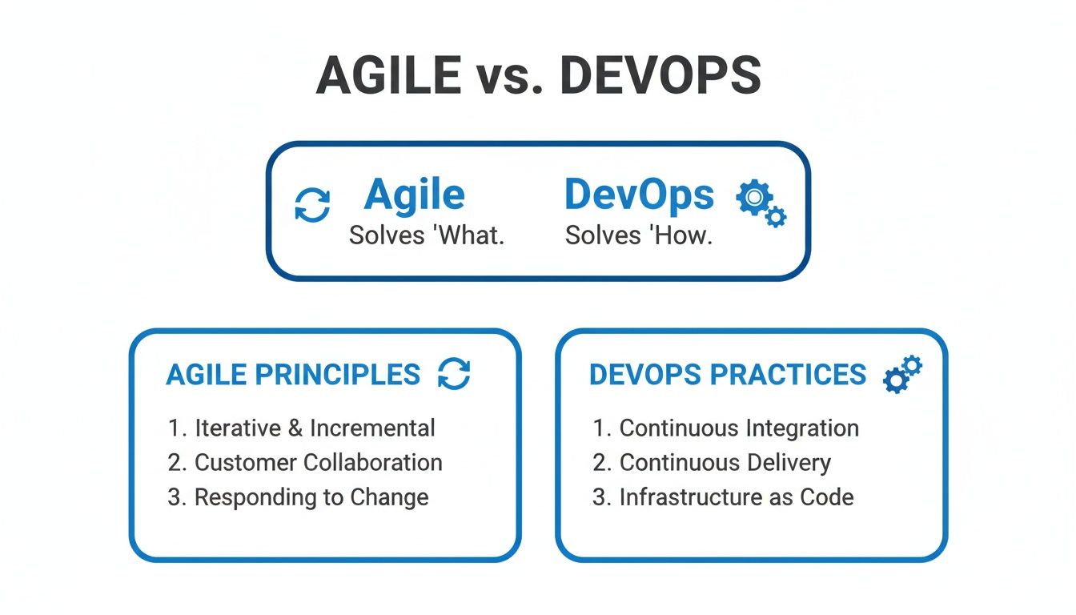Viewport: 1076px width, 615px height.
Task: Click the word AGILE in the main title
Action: (388, 75)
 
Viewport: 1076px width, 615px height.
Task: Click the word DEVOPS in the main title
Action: (661, 75)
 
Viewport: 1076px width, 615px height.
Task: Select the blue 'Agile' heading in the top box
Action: (414, 195)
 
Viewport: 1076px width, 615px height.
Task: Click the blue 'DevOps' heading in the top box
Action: (640, 195)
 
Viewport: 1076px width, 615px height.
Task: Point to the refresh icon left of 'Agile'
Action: (312, 205)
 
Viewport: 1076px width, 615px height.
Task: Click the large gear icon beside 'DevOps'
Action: (755, 197)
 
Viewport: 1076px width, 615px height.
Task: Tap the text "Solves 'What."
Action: (427, 235)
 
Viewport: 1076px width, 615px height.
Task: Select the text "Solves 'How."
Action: (638, 235)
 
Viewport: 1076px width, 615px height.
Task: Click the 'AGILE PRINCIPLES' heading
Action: (293, 375)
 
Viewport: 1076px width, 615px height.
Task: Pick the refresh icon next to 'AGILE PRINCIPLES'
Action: (454, 373)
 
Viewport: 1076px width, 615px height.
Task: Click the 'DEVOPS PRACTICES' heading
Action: (728, 375)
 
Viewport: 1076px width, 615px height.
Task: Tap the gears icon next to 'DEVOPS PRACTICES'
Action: (902, 374)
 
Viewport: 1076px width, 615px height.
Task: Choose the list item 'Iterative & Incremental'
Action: (302, 428)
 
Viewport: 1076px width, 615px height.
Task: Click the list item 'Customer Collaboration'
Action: (305, 463)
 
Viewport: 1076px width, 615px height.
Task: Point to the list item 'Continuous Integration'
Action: (726, 428)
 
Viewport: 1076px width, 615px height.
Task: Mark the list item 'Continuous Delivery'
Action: (712, 463)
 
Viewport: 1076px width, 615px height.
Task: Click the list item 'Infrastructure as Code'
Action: (724, 497)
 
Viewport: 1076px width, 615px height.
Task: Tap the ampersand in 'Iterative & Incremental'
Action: (295, 428)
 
